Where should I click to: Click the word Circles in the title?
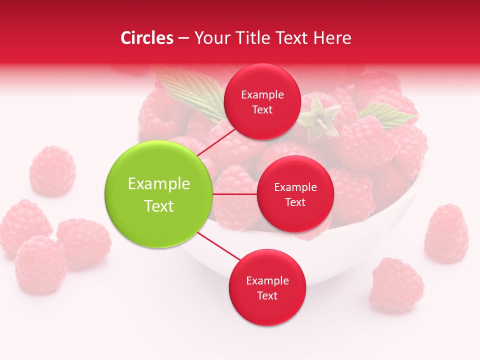[146, 38]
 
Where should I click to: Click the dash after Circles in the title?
[183, 38]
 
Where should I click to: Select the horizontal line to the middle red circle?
[235, 194]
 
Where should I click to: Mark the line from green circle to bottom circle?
[219, 246]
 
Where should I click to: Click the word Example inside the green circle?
[159, 184]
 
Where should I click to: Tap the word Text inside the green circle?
[159, 206]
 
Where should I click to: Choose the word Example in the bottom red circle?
[267, 280]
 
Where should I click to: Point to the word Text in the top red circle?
[262, 109]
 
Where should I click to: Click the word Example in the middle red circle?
[295, 187]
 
